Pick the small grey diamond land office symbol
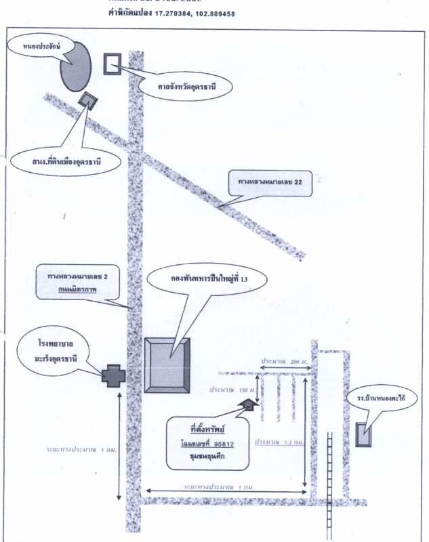coord(87,101)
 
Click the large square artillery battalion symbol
coord(167,364)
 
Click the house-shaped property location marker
coord(247,404)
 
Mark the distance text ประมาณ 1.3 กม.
coord(279,442)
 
